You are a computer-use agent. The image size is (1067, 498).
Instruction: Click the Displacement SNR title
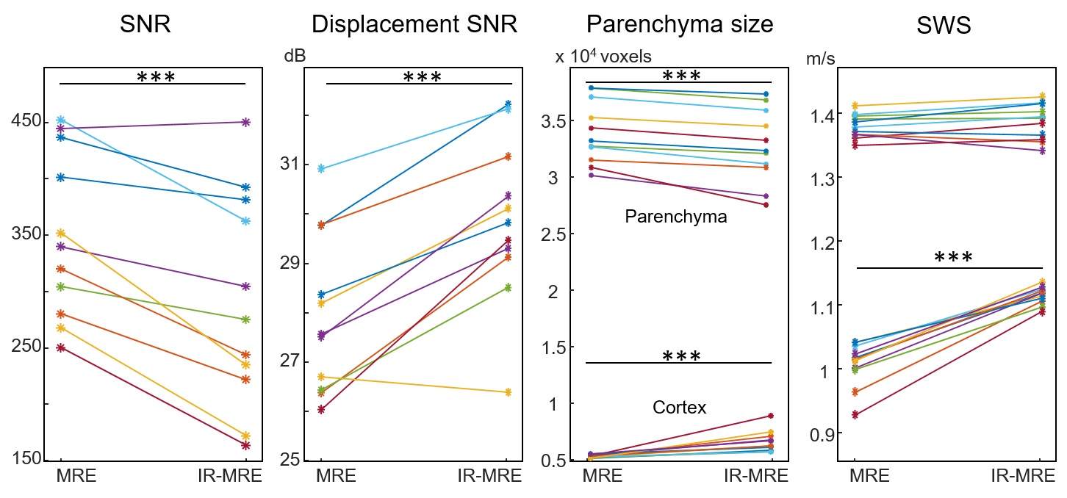414,25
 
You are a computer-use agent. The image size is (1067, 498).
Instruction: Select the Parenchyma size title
680,25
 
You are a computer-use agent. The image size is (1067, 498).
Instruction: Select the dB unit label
295,56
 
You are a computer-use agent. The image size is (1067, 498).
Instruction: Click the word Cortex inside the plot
679,408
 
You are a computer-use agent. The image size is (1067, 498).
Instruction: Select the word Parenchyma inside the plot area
675,217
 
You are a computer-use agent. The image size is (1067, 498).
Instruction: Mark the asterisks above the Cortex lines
682,357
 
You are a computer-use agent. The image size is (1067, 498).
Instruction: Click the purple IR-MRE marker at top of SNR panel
246,122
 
